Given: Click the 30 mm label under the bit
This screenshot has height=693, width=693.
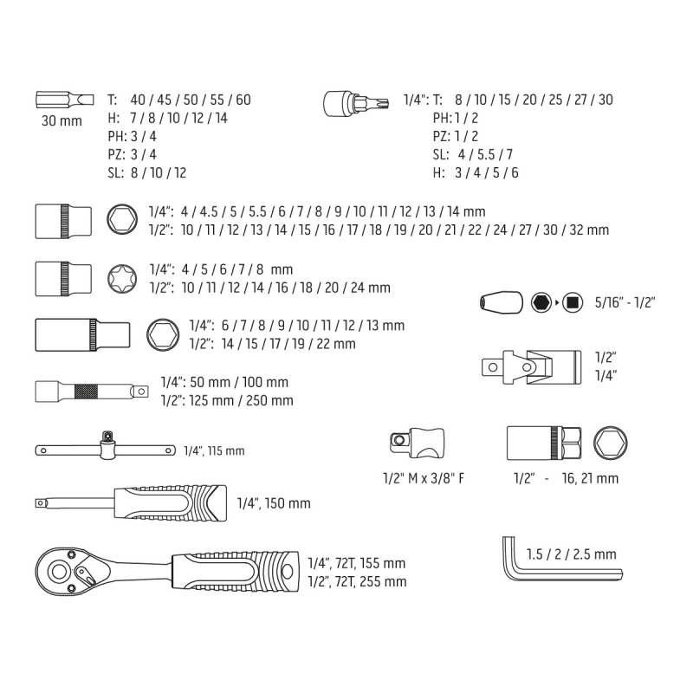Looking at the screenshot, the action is pos(62,120).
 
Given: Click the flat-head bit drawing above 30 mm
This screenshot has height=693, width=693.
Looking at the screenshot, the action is pos(64,100).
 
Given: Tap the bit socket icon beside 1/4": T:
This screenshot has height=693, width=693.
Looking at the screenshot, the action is pos(356,103).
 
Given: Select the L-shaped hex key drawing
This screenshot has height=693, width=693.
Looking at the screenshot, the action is pos(561,560).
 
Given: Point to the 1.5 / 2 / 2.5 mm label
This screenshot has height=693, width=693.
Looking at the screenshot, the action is pos(571,554).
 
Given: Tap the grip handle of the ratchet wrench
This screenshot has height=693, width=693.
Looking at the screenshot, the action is pos(235,571).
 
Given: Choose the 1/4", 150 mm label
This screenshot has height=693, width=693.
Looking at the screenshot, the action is pos(274,503).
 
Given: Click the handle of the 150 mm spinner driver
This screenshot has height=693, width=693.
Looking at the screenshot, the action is pos(171,503).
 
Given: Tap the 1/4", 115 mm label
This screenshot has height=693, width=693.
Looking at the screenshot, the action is pos(214,450).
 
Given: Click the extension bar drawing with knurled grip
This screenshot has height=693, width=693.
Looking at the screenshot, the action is pos(92,392).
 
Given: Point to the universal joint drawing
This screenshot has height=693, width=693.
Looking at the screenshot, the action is pos(531,366).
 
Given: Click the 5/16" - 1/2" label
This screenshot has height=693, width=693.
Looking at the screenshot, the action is pos(625,302).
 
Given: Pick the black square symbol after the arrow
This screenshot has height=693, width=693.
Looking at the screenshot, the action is pos(573,302).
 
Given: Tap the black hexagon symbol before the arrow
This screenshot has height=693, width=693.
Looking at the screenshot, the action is pos(541,302).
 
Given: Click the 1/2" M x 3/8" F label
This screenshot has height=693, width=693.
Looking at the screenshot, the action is pos(424,478).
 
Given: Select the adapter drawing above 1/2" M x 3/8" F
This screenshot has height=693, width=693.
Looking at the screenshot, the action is pos(418,443).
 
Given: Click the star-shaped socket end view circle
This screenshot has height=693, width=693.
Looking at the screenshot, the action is pos(122,279).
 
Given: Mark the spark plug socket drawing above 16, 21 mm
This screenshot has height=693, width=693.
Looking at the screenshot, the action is pos(544,443).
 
